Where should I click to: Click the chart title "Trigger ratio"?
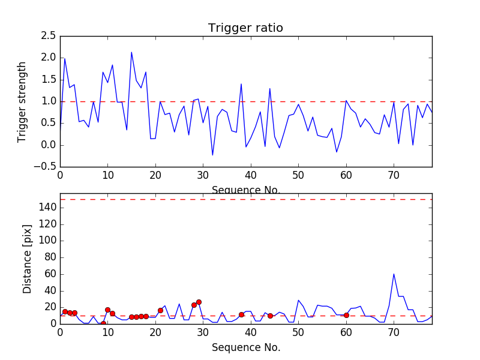245,28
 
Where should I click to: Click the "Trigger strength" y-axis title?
22,101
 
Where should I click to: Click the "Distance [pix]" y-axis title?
28,263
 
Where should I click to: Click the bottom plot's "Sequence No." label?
245,347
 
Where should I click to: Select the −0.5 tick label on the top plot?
47,167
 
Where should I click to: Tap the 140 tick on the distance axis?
47,208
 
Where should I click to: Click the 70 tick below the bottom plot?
394,333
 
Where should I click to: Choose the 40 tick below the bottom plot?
251,333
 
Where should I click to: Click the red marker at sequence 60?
346,315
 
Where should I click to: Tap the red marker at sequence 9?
103,323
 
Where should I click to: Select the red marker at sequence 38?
241,314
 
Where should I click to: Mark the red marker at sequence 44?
270,316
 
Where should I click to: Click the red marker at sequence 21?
160,310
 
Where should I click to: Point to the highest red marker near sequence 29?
199,302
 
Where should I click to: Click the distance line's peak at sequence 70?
394,274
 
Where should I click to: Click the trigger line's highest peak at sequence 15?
131,52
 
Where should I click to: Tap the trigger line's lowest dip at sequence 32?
212,155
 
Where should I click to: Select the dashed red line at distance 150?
245,199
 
